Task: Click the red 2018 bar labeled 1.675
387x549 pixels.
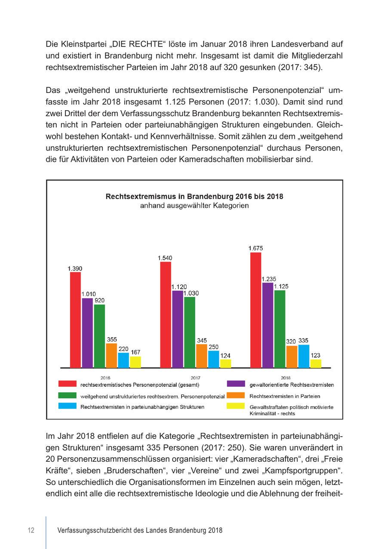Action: click(x=255, y=310)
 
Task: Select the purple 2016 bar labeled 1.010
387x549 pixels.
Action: click(x=87, y=333)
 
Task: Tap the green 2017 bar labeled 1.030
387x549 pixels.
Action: click(x=189, y=332)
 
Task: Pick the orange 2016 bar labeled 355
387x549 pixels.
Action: click(x=111, y=355)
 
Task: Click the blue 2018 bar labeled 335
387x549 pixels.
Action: click(x=304, y=356)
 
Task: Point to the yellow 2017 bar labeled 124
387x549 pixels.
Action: click(x=225, y=364)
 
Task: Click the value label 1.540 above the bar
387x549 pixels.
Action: click(x=165, y=258)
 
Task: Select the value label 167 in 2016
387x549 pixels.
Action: click(x=135, y=352)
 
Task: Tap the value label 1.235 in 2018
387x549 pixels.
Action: click(x=269, y=279)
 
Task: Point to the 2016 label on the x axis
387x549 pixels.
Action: click(x=105, y=377)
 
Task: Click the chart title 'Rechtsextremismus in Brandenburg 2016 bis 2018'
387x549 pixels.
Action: click(x=194, y=197)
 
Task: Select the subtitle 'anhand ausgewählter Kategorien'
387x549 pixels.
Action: click(x=194, y=206)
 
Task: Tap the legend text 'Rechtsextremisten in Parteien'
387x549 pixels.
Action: click(x=285, y=396)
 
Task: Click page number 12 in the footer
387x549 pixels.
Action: click(x=31, y=530)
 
